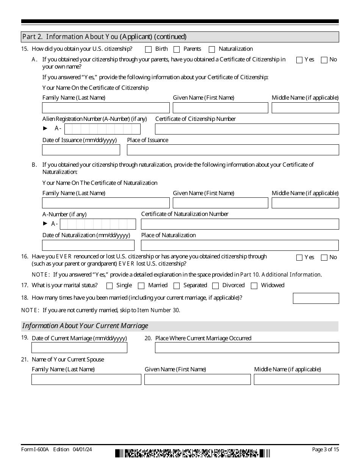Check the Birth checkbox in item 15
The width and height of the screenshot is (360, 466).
point(148,49)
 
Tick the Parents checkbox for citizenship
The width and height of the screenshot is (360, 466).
point(177,49)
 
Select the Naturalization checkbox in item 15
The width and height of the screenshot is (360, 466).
point(212,49)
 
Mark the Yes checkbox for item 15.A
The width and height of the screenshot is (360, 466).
point(299,60)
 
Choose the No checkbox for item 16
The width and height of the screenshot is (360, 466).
point(324,258)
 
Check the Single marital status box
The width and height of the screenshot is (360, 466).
point(110,286)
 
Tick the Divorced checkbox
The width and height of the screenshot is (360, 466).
point(216,286)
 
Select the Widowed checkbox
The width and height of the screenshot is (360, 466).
point(254,286)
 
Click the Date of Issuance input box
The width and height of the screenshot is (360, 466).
point(81,150)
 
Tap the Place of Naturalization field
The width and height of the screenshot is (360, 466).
point(240,245)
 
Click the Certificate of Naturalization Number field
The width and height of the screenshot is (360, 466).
point(240,224)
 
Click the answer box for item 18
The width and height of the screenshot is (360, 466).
point(316,298)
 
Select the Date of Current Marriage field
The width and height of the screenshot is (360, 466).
point(79,347)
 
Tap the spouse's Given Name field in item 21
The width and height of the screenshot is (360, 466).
point(197,379)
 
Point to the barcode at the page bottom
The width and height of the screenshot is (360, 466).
point(193,453)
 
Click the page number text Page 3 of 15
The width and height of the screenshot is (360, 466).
point(326,449)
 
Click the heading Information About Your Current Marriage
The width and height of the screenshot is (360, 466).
point(86,326)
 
